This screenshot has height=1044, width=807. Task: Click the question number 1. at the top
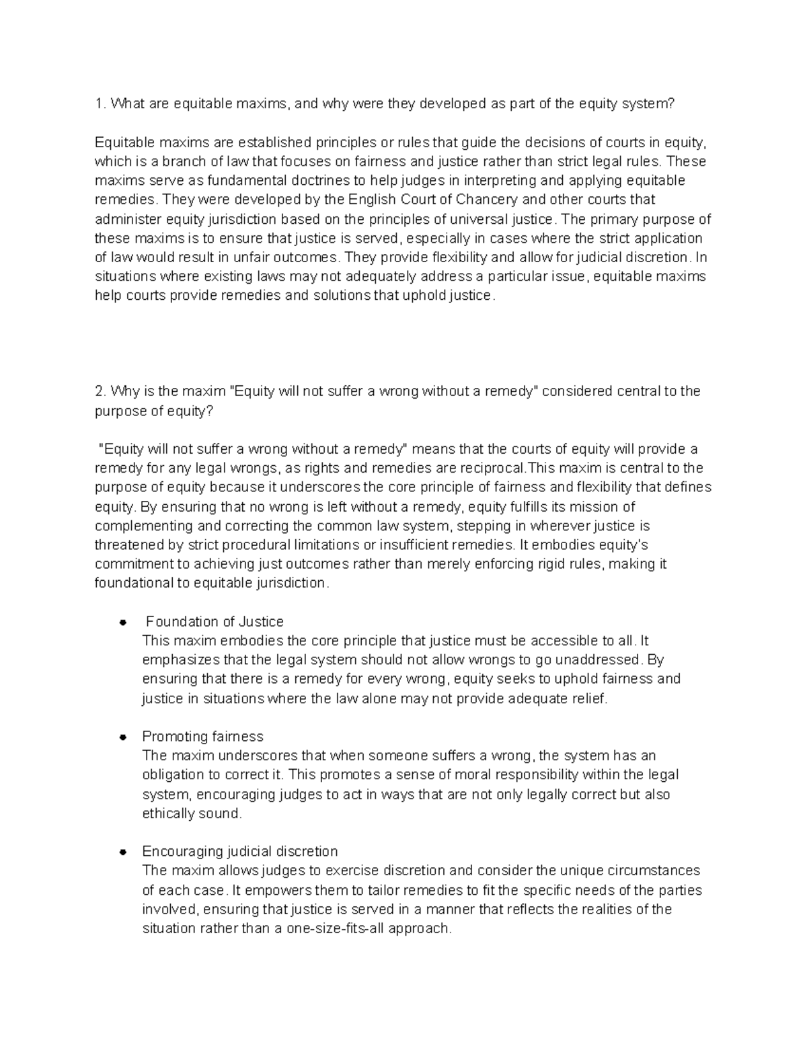click(x=100, y=104)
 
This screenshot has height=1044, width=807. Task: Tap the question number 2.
click(x=100, y=391)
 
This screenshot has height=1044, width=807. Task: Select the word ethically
click(x=167, y=813)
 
